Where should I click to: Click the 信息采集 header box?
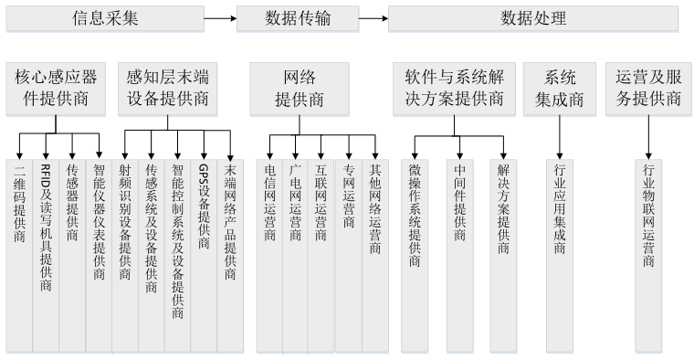(x=105, y=18)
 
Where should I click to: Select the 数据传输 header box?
(x=298, y=18)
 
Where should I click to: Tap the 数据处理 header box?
(x=533, y=18)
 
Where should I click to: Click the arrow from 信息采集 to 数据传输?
(x=220, y=18)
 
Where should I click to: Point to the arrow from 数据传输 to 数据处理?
(x=373, y=18)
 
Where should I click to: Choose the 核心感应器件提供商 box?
(x=56, y=89)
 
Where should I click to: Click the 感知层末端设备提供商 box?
(x=167, y=89)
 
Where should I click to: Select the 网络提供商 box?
(x=300, y=89)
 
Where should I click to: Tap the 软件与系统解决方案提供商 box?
(x=454, y=89)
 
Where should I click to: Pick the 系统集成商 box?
(x=560, y=89)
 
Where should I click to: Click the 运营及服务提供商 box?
(x=648, y=89)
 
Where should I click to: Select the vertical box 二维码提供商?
(x=19, y=256)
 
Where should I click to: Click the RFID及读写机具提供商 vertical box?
(x=46, y=256)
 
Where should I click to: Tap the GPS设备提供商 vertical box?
(x=204, y=256)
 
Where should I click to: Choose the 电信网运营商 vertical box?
(x=269, y=256)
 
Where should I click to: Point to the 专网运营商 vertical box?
(x=349, y=256)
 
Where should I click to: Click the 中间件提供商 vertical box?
(x=460, y=256)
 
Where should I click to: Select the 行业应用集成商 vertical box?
(x=560, y=256)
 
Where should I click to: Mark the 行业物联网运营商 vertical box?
(x=648, y=256)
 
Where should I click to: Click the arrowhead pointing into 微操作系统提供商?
(x=415, y=156)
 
